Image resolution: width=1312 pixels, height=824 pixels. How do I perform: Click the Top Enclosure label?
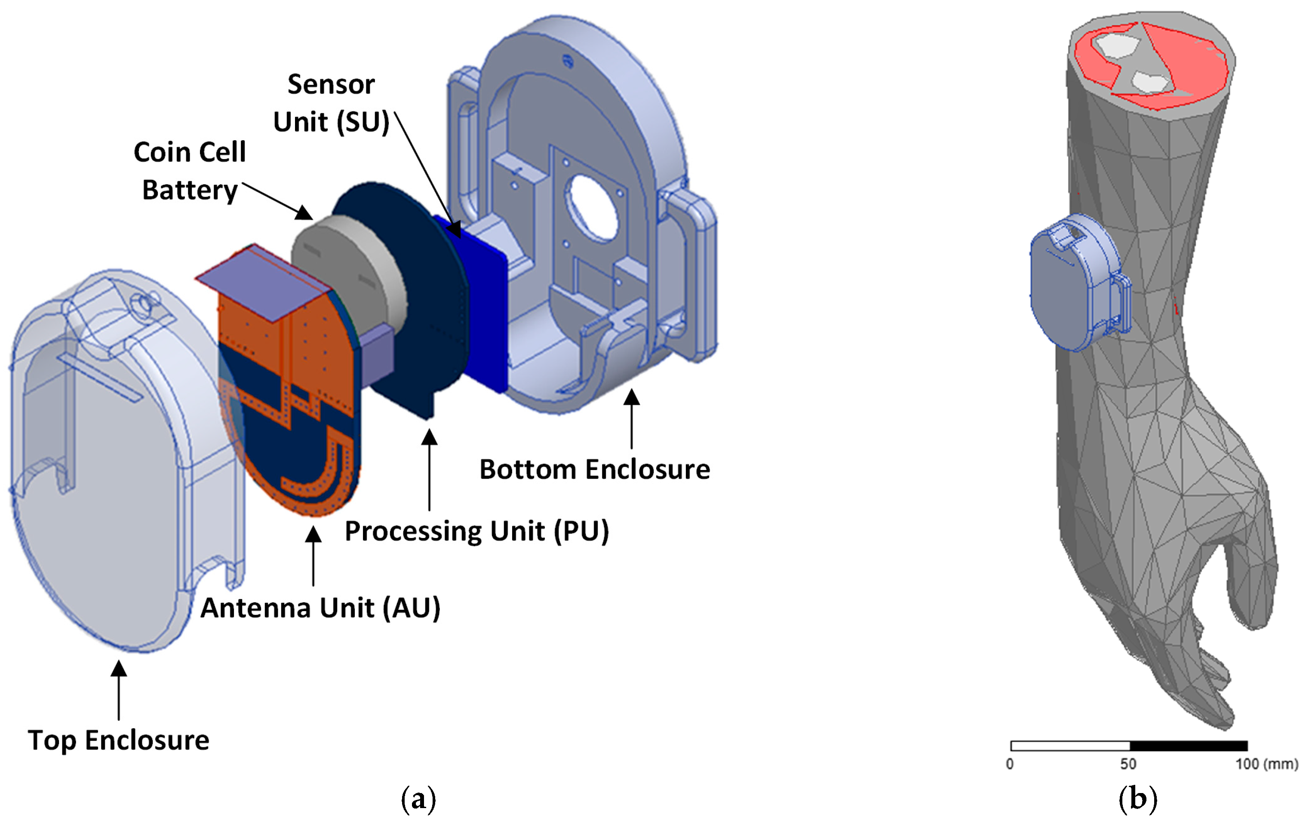pyautogui.click(x=118, y=740)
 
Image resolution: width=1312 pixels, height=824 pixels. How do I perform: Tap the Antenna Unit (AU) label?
pyautogui.click(x=320, y=608)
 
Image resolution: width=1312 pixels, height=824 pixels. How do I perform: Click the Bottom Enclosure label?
pyautogui.click(x=594, y=469)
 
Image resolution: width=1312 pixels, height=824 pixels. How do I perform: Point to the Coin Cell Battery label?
pyautogui.click(x=190, y=171)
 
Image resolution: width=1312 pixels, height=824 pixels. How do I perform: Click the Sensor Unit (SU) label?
pyautogui.click(x=331, y=103)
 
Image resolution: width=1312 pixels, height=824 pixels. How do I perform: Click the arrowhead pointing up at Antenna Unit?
pyautogui.click(x=313, y=534)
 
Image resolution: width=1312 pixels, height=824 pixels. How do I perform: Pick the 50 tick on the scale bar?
pyautogui.click(x=1128, y=763)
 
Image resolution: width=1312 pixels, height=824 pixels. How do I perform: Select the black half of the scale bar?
pyautogui.click(x=1188, y=746)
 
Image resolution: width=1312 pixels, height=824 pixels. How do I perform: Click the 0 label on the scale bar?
pyautogui.click(x=1010, y=763)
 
